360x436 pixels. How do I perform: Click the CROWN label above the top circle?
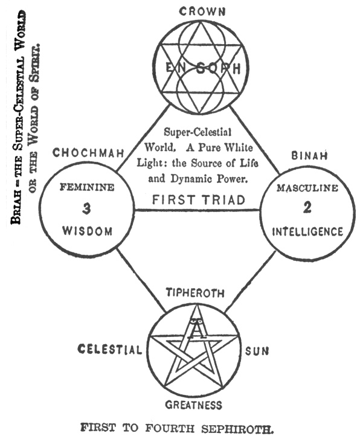coord(202,11)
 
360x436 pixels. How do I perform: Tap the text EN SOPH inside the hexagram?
coord(203,68)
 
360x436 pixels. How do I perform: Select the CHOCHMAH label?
coord(88,153)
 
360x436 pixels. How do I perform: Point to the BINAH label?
coord(309,156)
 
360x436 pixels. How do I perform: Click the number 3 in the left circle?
coord(86,208)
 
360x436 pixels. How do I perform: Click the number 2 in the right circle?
coord(307,208)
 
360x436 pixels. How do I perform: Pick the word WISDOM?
coord(87,231)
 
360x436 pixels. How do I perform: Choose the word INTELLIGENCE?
coord(307,232)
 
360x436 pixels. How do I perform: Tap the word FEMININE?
coord(87,187)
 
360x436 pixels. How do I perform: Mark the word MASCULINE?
coord(307,188)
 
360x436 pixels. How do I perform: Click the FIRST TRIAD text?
coord(198,200)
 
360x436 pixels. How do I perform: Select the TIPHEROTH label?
coord(195,293)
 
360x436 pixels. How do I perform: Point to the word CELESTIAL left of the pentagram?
coord(109,349)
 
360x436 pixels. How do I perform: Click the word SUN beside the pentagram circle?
coord(257,351)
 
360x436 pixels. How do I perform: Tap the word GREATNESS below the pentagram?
coord(194,405)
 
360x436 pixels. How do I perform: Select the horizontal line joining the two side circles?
coord(197,210)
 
